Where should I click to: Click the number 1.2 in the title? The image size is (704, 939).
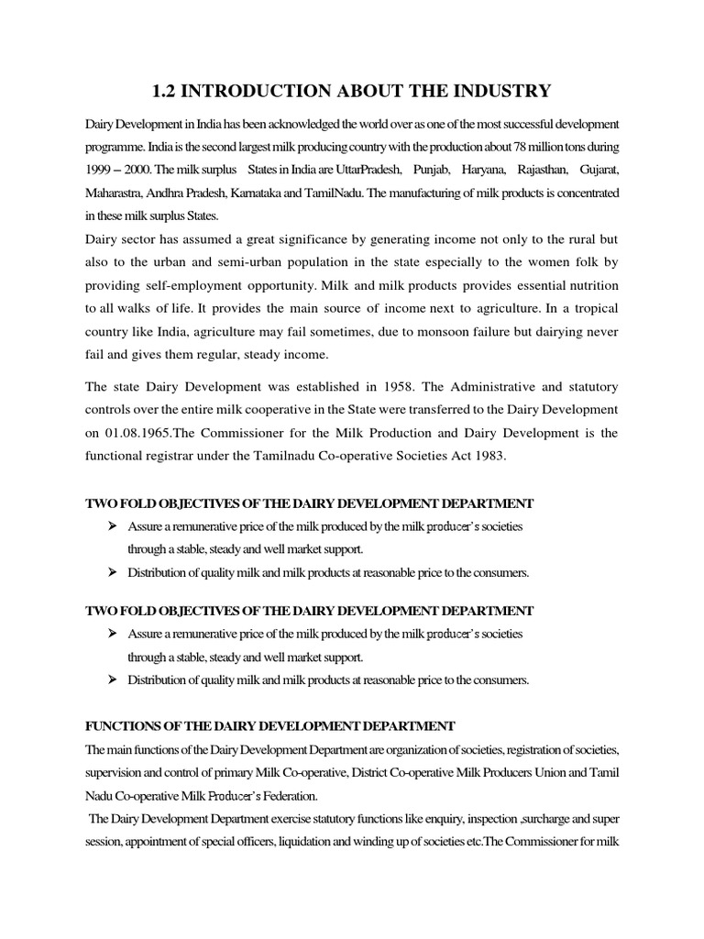coord(165,90)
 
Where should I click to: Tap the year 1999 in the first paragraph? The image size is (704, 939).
coord(102,171)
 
